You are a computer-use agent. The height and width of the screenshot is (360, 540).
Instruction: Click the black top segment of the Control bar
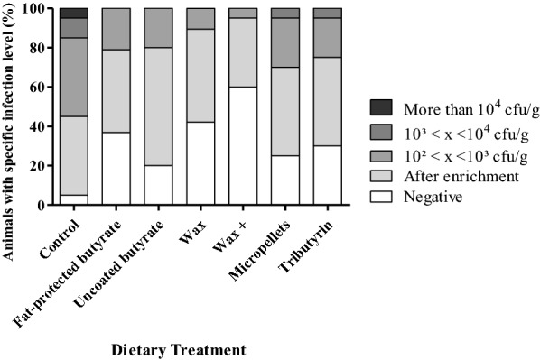pos(73,14)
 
